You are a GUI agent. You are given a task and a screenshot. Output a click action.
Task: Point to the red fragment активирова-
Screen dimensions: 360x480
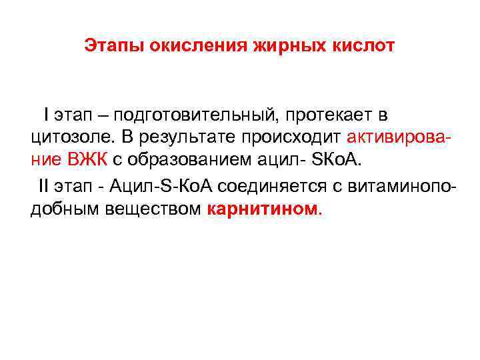[405, 139]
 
